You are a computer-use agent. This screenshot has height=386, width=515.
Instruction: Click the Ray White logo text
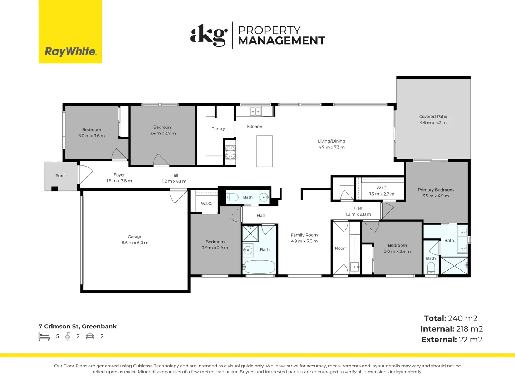(70, 51)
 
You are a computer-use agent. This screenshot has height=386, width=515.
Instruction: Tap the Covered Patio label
(433, 117)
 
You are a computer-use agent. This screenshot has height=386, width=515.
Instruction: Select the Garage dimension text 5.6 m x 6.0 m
(135, 243)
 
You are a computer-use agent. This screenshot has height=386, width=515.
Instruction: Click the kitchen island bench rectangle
(264, 151)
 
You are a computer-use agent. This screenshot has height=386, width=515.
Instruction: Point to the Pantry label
(218, 129)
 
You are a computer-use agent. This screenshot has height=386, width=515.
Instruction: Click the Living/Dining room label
(332, 141)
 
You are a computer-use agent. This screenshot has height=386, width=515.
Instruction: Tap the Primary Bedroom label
(436, 190)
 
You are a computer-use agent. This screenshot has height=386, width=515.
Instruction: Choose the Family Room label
(304, 235)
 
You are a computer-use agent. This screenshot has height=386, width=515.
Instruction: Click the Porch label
(61, 176)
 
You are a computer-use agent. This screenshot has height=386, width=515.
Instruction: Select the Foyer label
(119, 175)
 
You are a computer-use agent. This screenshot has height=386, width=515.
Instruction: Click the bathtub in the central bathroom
(259, 267)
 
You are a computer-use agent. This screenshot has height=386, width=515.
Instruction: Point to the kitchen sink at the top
(255, 111)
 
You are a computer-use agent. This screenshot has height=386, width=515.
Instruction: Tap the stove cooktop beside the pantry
(230, 152)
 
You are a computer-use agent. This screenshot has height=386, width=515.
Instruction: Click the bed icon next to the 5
(44, 336)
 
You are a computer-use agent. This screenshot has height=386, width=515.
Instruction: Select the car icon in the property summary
(90, 337)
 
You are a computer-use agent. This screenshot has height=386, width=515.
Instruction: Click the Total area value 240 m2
(462, 318)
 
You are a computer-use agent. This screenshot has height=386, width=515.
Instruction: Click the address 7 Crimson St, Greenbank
(78, 326)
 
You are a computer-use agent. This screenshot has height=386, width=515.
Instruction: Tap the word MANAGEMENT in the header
(281, 40)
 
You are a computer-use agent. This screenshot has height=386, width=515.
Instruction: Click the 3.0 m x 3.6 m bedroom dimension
(92, 136)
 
